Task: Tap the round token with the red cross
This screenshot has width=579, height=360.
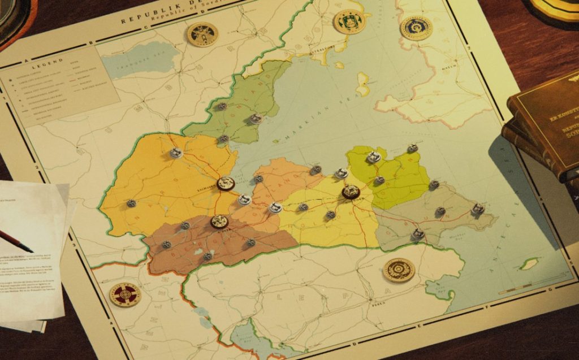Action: [x=125, y=294]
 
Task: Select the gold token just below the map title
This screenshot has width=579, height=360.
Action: [x=202, y=34]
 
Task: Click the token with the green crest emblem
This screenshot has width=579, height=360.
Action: [x=349, y=22]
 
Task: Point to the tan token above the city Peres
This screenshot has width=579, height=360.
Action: [x=399, y=270]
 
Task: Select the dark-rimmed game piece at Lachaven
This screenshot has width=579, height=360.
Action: [x=226, y=183]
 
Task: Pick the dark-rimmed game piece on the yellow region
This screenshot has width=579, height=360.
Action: [x=351, y=192]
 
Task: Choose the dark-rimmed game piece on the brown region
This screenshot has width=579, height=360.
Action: [x=219, y=222]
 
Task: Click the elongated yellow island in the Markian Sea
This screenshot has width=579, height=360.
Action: [x=362, y=84]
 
